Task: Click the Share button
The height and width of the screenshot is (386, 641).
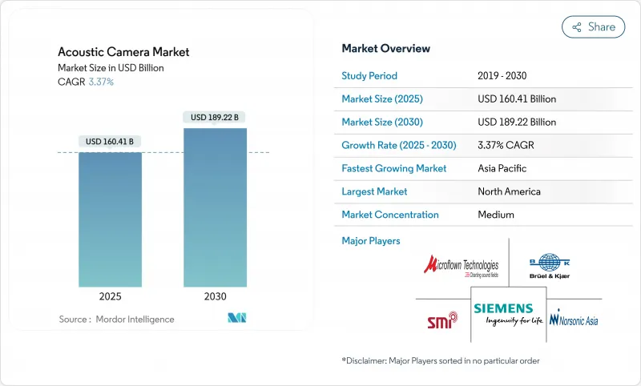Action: pos(593,26)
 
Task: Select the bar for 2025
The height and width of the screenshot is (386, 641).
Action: pos(110,219)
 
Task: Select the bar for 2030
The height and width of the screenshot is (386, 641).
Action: pos(215,207)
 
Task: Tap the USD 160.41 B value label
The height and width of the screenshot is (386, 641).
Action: pos(110,142)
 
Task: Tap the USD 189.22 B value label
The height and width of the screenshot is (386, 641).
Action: pos(215,118)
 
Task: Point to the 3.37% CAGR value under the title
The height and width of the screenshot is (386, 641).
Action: pos(100,82)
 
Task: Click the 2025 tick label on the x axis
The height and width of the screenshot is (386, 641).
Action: pos(110,296)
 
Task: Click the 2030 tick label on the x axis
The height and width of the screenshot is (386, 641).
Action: pos(215,296)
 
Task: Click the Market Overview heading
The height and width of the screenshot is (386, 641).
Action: pos(385,48)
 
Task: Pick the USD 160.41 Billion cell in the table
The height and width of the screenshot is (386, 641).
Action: pos(516,99)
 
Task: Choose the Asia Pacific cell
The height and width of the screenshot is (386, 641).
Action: pos(503,168)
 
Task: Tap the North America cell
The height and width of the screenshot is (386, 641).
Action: pos(508,191)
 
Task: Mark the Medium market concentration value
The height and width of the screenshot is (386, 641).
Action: pos(495,215)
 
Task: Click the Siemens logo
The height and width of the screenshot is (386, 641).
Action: pos(502,313)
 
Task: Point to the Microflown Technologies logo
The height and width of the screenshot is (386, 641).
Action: pos(461,267)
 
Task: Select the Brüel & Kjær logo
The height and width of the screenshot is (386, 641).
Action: pos(550,267)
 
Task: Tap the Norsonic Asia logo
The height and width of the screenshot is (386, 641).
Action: pos(574,320)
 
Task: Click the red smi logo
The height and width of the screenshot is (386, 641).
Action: pos(441,320)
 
